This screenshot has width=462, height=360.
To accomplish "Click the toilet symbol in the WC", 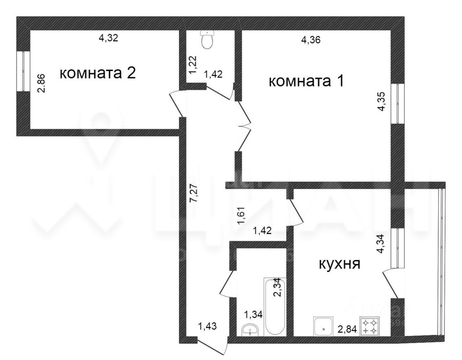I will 208,39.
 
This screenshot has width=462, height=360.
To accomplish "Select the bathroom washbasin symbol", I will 249,329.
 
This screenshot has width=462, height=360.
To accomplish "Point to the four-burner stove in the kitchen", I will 370,326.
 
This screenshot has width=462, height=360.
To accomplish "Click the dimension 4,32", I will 109,38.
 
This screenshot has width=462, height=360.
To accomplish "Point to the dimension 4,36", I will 311,40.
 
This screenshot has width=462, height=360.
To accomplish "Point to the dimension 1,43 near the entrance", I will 207,326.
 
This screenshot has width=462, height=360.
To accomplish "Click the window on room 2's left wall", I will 24,71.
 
